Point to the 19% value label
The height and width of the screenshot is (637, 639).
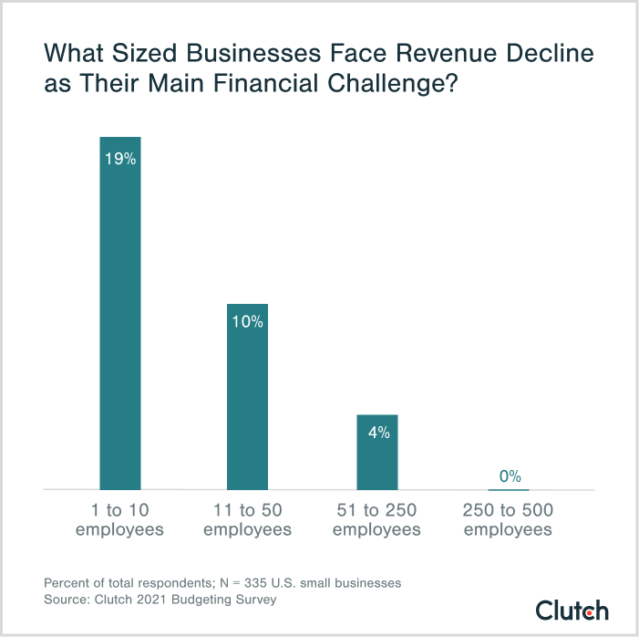click(119, 159)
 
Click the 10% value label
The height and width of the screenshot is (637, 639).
click(247, 321)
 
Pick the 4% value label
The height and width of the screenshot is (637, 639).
click(378, 433)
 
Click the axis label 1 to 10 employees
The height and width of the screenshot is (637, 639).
click(119, 520)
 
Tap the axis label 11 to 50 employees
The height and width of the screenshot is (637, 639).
click(247, 520)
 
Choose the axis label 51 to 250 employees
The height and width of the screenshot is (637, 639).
click(377, 520)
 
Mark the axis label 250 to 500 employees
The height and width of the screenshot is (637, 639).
click(508, 520)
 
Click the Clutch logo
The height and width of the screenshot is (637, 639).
click(572, 610)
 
